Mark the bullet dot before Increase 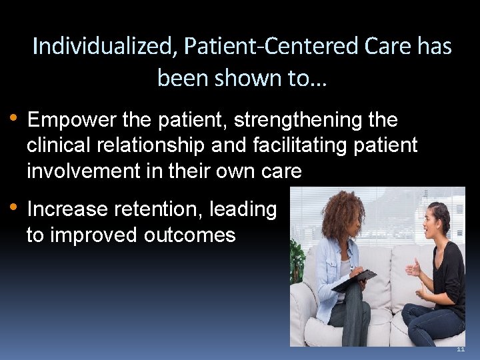[15, 208]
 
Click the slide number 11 [459, 350]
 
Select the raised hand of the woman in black [414, 267]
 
